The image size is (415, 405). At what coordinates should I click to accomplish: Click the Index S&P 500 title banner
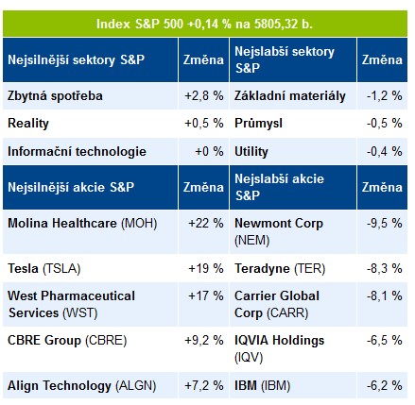pyautogui.click(x=205, y=24)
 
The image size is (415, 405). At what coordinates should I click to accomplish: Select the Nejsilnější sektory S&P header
pyautogui.click(x=76, y=59)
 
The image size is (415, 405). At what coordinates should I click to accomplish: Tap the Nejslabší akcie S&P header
pyautogui.click(x=279, y=187)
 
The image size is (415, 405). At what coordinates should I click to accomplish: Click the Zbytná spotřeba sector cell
pyautogui.click(x=55, y=96)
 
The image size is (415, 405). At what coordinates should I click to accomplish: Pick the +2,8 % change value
pyautogui.click(x=204, y=95)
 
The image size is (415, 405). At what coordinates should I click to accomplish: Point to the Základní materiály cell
pyautogui.click(x=290, y=96)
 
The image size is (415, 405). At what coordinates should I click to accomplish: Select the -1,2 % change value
pyautogui.click(x=385, y=95)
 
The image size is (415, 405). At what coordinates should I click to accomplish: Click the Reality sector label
pyautogui.click(x=28, y=124)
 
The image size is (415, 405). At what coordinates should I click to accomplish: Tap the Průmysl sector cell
pyautogui.click(x=258, y=124)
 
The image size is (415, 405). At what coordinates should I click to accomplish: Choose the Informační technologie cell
pyautogui.click(x=77, y=152)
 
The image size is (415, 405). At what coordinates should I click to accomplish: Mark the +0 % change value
pyautogui.click(x=209, y=151)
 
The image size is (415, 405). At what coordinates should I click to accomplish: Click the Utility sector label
pyautogui.click(x=251, y=152)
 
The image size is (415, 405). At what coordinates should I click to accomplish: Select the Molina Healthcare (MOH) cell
pyautogui.click(x=82, y=224)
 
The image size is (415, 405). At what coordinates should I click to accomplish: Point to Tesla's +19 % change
pyautogui.click(x=206, y=268)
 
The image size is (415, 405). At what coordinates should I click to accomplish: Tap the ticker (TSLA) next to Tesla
pyautogui.click(x=61, y=269)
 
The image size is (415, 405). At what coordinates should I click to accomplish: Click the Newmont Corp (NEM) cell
pyautogui.click(x=279, y=232)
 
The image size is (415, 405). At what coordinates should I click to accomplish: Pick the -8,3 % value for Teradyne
pyautogui.click(x=385, y=268)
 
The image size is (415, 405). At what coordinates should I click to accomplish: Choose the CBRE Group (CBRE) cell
pyautogui.click(x=67, y=341)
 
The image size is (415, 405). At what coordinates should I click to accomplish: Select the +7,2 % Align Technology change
pyautogui.click(x=204, y=385)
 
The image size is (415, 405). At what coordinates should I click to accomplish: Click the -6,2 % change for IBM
pyautogui.click(x=385, y=385)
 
